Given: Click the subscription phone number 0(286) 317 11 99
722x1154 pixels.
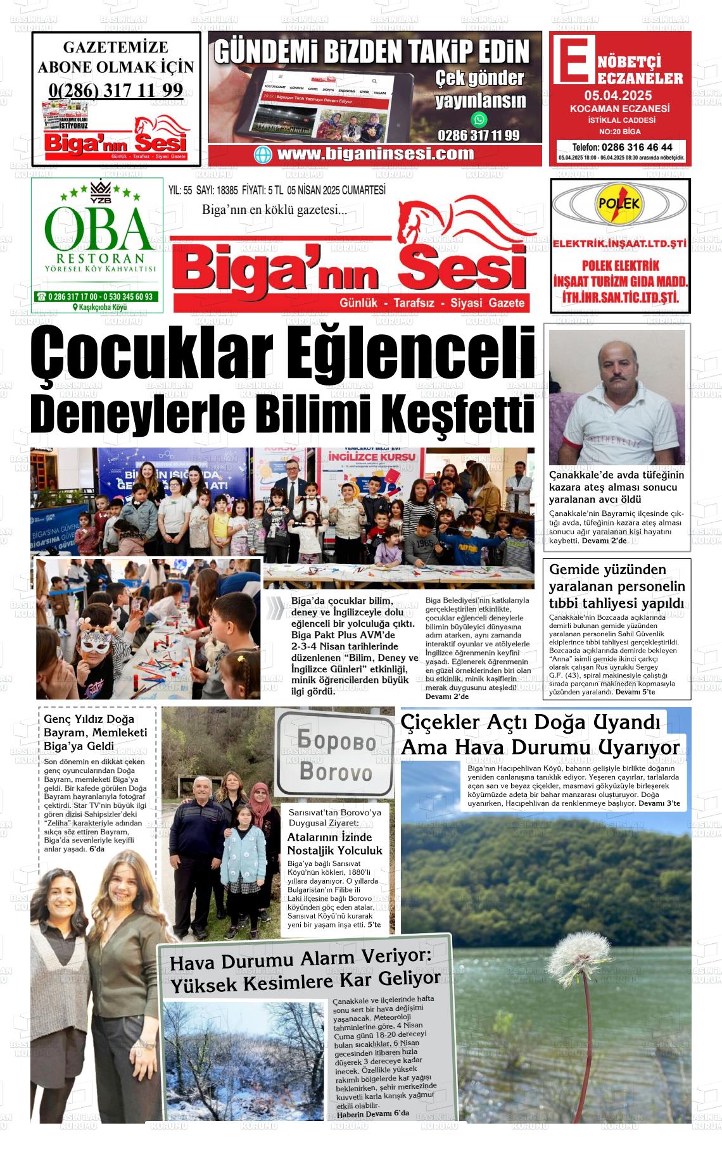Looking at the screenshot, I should point(116,90).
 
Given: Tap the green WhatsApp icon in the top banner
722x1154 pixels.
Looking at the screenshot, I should point(479,119).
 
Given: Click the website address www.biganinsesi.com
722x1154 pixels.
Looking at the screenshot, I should point(375,154).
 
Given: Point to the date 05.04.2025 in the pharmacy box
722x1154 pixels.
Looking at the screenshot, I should point(617,96).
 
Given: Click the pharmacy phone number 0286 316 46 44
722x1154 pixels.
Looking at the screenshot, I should point(627,147).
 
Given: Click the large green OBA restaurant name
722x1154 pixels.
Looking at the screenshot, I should point(99,229).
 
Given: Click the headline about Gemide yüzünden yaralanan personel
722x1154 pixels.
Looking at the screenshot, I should point(617,586).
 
